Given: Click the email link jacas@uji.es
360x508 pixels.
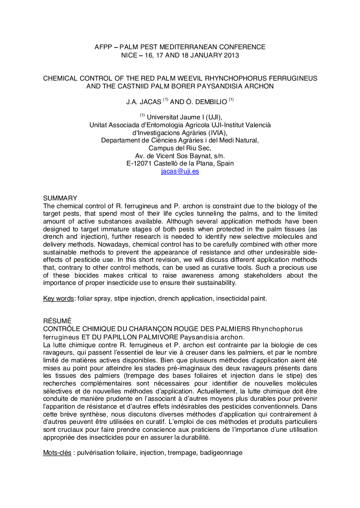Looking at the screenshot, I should pyautogui.click(x=180, y=172).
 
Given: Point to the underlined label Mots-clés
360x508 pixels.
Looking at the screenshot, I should pyautogui.click(x=57, y=453).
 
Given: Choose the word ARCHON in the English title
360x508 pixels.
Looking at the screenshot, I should pyautogui.click(x=260, y=86).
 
